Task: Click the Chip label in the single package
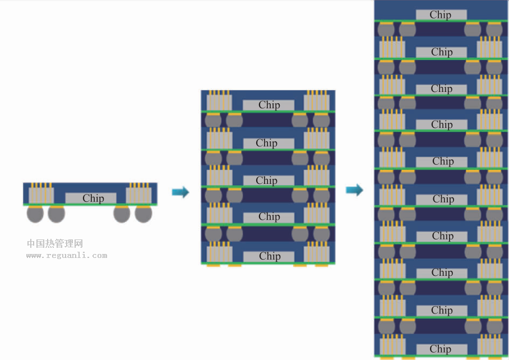coord(91,198)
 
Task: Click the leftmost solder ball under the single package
coord(35,214)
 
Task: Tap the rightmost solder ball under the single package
coord(143,214)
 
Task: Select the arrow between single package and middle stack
coord(181,192)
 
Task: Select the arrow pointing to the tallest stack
coord(354,190)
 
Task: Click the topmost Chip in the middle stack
coord(269,105)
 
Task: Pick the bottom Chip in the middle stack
coord(269,256)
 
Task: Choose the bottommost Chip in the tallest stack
coord(442,349)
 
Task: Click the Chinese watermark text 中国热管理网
coord(55,243)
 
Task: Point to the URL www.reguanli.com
coord(67,256)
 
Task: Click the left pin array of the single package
coord(41,193)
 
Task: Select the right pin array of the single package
coord(138,193)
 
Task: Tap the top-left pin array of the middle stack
coord(219,100)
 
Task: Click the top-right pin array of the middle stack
coord(317,100)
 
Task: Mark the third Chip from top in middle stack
coord(269,181)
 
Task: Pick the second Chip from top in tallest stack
coord(442,52)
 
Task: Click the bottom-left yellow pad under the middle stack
coord(213,265)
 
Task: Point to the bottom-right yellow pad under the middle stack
coord(321,265)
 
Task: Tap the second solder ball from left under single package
coord(57,214)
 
